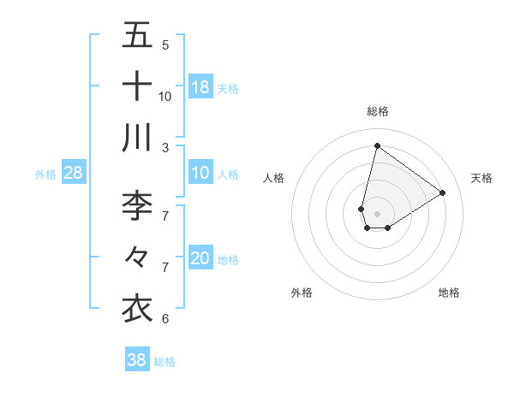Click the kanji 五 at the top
[138, 37]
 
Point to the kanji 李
[138, 206]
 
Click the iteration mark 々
[138, 256]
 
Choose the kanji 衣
[138, 307]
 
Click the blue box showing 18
[200, 86]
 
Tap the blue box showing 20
[200, 258]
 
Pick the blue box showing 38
[137, 360]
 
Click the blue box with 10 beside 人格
[200, 173]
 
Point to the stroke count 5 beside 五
[165, 45]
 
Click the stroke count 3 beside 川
[165, 147]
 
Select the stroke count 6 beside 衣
[165, 319]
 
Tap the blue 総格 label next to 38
[164, 362]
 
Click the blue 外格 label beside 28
[45, 174]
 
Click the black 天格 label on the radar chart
[481, 178]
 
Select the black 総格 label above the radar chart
[378, 111]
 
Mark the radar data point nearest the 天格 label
[442, 193]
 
